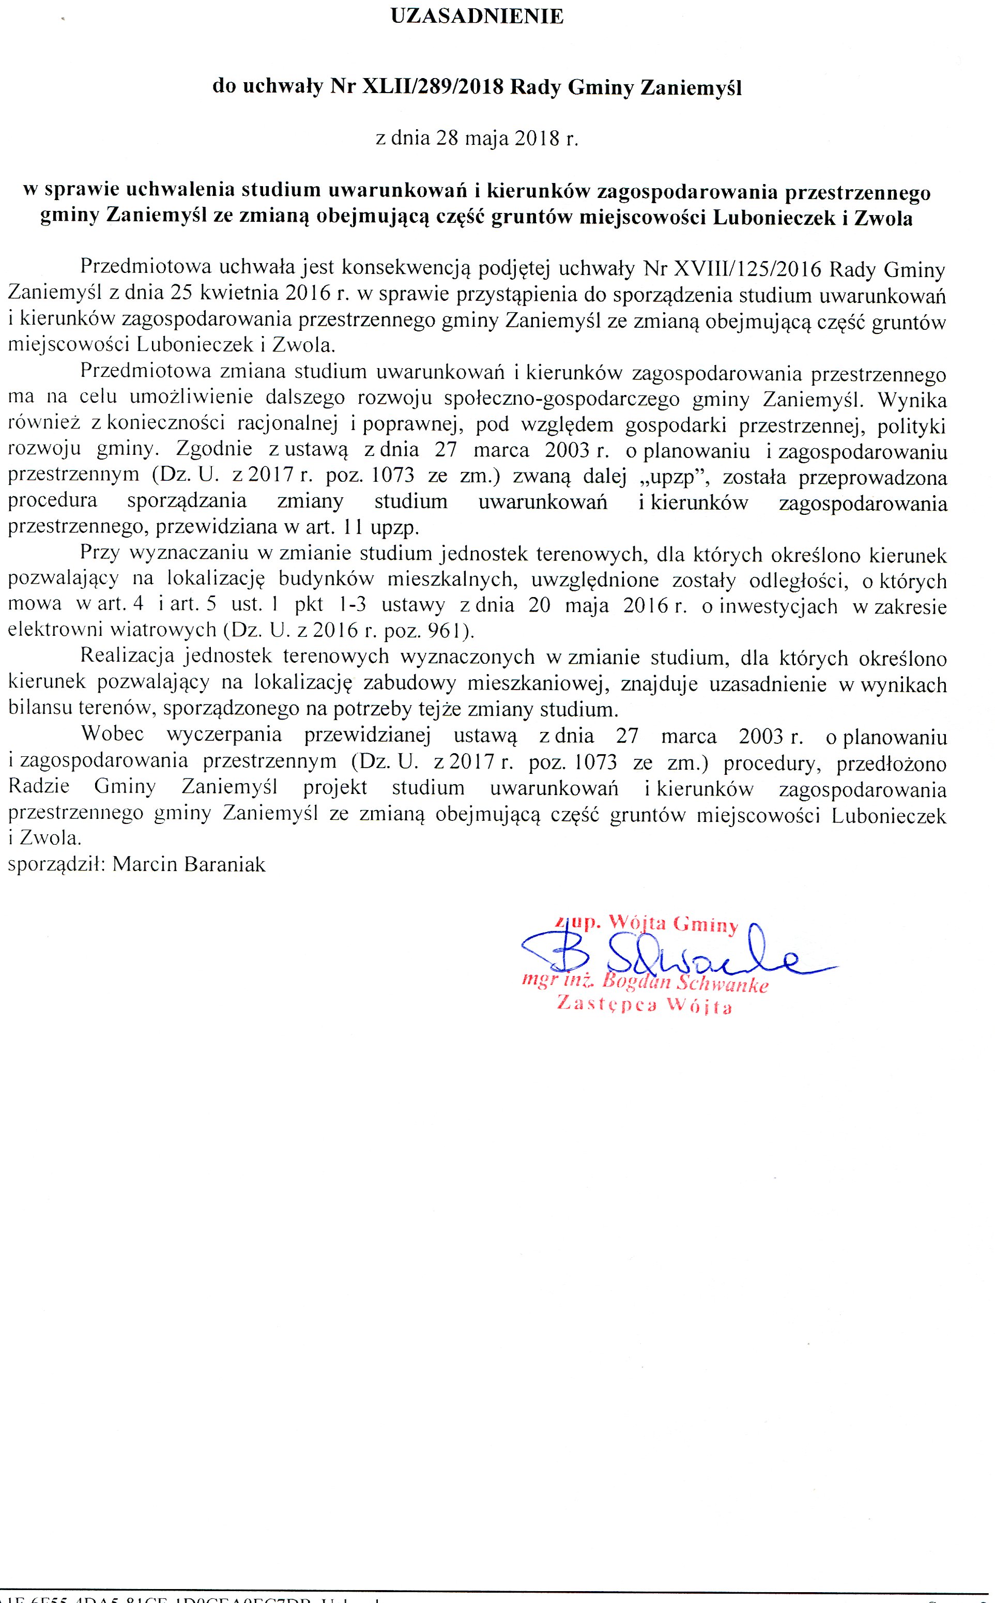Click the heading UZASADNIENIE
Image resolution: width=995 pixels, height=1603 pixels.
(x=477, y=17)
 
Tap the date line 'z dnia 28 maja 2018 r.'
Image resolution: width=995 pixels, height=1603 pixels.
(x=477, y=139)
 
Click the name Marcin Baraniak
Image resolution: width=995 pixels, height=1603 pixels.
(x=189, y=864)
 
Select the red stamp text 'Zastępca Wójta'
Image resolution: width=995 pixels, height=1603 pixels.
(x=644, y=1006)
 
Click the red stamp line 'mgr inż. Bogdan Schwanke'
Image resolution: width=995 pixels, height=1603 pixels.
(x=645, y=983)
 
